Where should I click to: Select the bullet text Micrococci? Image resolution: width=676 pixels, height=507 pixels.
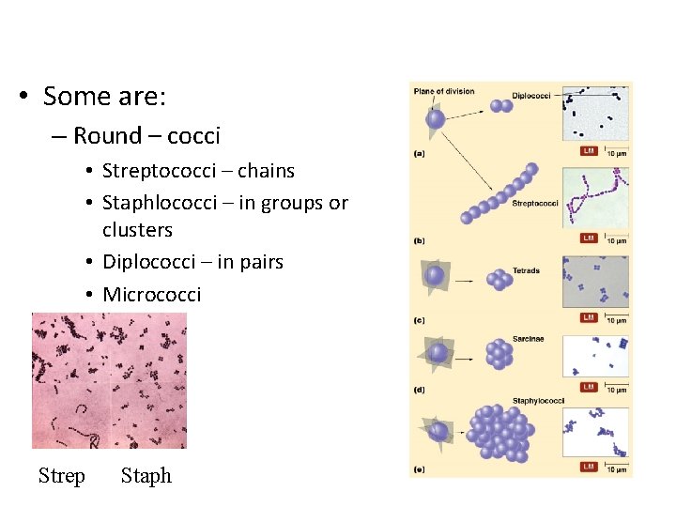[151, 295]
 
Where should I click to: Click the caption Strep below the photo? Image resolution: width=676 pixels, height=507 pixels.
[62, 476]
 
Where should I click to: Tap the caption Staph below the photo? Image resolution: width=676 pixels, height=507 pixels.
[146, 476]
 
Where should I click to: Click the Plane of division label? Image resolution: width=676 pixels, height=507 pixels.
[444, 92]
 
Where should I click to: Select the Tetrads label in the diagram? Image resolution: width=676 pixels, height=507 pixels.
[526, 271]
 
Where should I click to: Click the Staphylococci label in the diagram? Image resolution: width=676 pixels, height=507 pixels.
[538, 401]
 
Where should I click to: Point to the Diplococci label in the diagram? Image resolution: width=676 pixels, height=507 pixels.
[532, 95]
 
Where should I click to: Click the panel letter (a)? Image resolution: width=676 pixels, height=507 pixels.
[419, 153]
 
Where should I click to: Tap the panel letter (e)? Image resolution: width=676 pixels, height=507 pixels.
[419, 466]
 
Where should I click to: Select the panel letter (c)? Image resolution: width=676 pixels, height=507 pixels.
[419, 320]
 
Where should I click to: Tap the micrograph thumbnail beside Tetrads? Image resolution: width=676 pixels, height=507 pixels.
[594, 280]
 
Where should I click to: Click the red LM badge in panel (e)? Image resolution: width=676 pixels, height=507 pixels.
[588, 467]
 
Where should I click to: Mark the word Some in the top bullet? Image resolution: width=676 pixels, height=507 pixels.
[71, 97]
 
